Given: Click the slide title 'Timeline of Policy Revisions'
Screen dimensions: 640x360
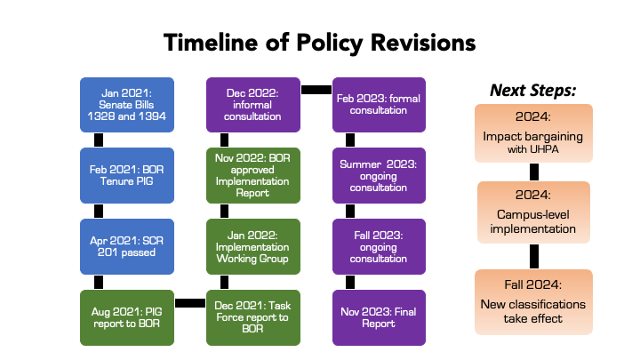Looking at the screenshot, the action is click(320, 43).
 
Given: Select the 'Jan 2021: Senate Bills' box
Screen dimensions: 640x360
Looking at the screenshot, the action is click(127, 105).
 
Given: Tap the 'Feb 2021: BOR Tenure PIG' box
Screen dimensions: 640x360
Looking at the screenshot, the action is click(127, 175).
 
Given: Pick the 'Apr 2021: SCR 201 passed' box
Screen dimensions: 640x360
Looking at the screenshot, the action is click(127, 246).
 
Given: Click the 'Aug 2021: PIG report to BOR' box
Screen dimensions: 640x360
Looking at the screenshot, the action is click(127, 317).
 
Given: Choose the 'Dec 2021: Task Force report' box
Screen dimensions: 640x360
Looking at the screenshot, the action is click(253, 317).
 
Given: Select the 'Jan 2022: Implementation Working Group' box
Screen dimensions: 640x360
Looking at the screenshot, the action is click(253, 246).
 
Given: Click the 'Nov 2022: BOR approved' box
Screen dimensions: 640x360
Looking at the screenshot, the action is click(253, 175).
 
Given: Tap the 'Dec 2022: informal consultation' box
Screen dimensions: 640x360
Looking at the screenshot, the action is click(253, 105).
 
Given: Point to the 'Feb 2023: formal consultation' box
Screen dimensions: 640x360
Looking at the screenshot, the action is click(380, 105).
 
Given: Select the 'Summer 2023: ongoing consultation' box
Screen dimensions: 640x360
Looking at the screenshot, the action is click(380, 175).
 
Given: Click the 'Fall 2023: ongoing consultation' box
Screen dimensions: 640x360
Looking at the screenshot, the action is click(380, 246).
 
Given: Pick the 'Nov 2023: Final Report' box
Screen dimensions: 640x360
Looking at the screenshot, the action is click(380, 317).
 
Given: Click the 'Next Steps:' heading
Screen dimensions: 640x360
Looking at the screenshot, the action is click(533, 90).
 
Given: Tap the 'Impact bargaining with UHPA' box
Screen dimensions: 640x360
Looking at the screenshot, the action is click(533, 133).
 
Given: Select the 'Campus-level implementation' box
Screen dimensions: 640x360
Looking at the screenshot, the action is click(533, 212).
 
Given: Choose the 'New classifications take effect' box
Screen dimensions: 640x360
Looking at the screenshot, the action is click(533, 302).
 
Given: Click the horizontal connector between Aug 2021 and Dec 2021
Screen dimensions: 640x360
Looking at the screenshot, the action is click(190, 303).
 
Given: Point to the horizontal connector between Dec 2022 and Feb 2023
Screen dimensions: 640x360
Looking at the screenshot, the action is click(316, 90).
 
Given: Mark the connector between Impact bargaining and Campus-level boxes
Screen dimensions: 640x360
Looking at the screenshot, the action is click(534, 172).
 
